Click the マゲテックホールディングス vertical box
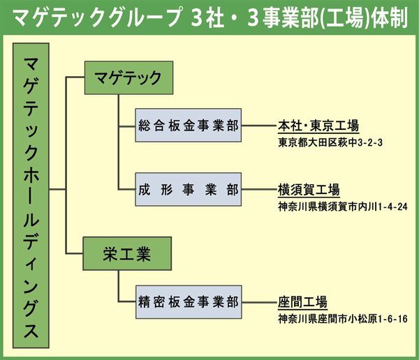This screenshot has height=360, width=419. [31, 195]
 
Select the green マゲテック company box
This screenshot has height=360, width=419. [128, 77]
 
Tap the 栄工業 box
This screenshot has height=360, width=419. [127, 253]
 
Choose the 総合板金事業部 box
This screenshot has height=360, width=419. [189, 125]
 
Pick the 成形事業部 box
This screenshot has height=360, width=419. [189, 189]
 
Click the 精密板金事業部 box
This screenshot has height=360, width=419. [189, 302]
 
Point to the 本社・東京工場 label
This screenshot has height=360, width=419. [318, 126]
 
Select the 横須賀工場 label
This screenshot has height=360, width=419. [309, 190]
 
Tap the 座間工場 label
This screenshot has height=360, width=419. [302, 302]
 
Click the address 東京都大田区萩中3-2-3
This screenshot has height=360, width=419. [330, 143]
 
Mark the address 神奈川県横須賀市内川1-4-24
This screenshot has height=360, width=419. [343, 207]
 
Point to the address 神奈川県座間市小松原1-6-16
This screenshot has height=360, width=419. [343, 319]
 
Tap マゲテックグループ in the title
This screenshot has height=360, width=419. [97, 18]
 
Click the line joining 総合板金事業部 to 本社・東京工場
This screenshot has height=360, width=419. [260, 126]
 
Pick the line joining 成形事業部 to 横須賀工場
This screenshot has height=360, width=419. [260, 190]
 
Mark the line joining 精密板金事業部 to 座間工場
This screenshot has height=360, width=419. [260, 303]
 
